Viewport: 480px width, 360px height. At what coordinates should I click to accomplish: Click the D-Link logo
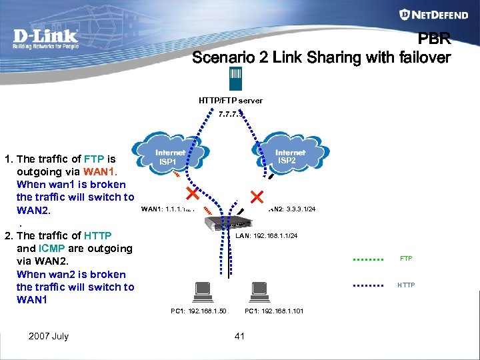point(45,39)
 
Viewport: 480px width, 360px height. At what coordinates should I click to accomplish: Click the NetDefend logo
point(434,15)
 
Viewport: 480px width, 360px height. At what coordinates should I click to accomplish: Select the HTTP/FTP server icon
point(236,79)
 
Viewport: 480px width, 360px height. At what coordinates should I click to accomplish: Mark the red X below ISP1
point(192,195)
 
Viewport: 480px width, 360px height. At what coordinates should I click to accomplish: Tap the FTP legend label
point(405,259)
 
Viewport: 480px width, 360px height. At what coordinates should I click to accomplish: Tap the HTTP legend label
point(405,285)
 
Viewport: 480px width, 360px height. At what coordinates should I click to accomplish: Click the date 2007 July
point(48,336)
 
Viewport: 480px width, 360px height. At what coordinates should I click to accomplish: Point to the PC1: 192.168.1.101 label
point(274,311)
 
